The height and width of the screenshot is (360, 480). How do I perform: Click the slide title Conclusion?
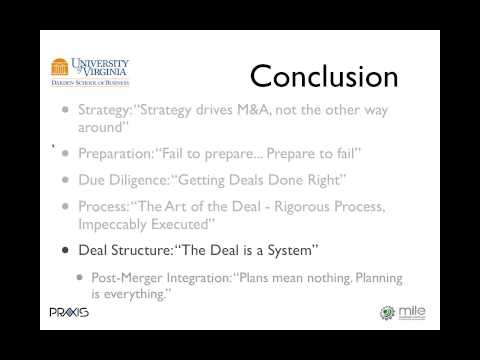(323, 76)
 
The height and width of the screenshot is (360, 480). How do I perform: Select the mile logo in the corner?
(400, 312)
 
